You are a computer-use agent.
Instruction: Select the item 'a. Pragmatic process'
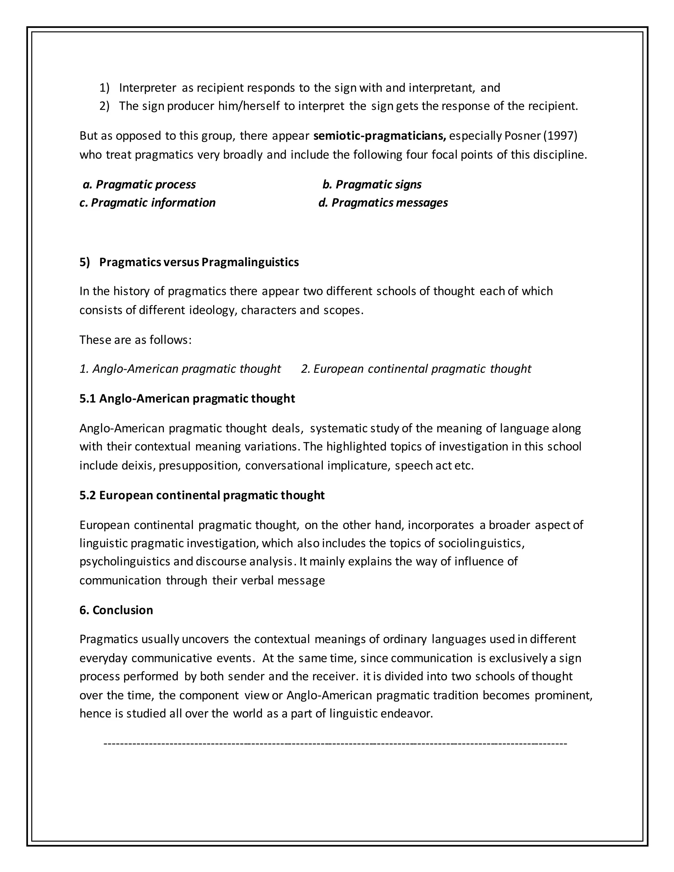(x=139, y=185)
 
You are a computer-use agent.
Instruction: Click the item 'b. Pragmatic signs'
(x=372, y=185)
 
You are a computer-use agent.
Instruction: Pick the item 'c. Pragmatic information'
(x=147, y=203)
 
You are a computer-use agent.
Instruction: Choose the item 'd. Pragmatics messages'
(x=383, y=203)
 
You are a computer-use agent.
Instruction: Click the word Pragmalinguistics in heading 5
(x=250, y=262)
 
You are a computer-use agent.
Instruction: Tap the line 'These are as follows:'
(x=135, y=340)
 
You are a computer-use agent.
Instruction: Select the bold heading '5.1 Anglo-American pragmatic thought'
(x=187, y=398)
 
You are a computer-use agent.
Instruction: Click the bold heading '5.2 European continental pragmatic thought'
(x=202, y=496)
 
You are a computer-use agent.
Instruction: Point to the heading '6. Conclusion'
(x=116, y=610)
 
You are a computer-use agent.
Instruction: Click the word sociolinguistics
(x=481, y=543)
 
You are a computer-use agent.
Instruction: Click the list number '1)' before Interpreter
(x=104, y=88)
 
